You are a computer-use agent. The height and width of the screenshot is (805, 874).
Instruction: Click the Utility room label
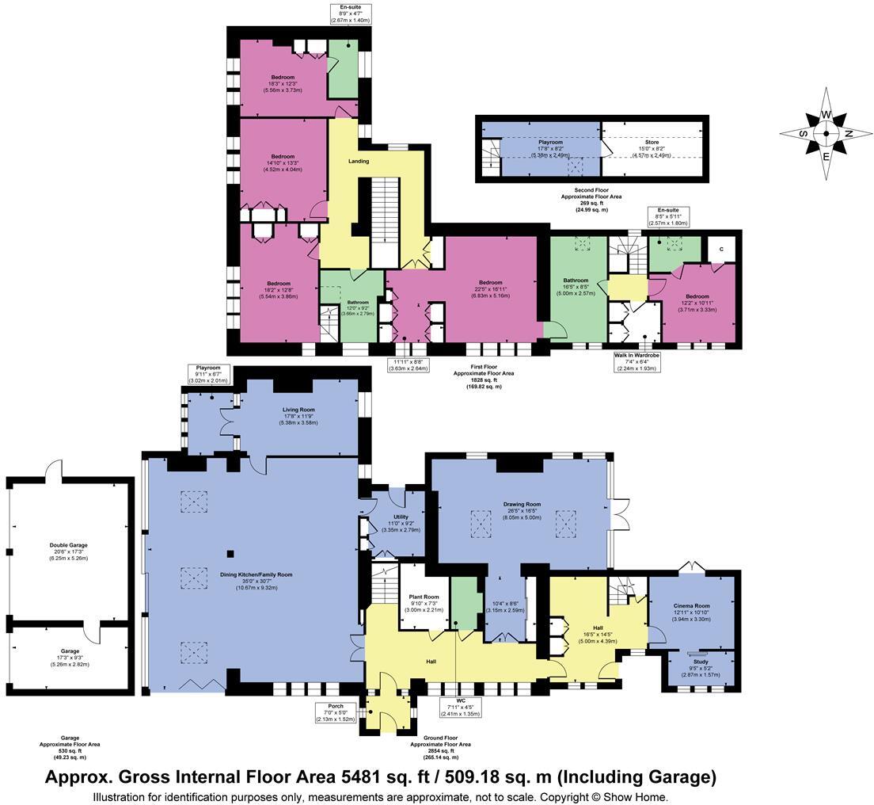[400, 517]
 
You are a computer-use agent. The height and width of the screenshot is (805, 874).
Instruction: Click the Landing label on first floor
[359, 162]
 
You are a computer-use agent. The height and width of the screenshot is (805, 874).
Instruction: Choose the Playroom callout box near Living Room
[209, 374]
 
